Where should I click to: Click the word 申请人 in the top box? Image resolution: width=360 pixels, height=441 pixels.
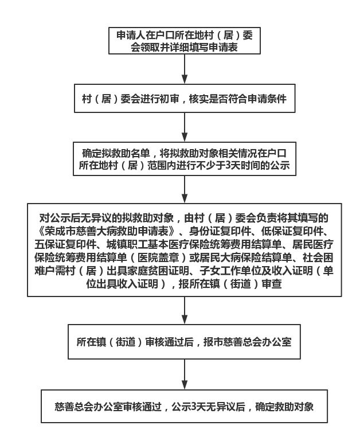[131, 35]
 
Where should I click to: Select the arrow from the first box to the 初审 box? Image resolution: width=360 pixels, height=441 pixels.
[185, 69]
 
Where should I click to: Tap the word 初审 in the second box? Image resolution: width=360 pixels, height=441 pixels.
[169, 99]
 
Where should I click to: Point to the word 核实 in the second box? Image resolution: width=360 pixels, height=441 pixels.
[198, 99]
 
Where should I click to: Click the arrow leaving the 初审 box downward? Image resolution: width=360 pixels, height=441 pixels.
[185, 127]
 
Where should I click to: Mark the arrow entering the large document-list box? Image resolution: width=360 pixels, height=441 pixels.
[185, 189]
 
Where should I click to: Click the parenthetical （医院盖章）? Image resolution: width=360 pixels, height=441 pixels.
[158, 257]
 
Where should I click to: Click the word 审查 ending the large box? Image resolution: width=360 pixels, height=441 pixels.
[272, 284]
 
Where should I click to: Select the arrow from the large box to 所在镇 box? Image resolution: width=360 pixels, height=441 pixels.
[185, 310]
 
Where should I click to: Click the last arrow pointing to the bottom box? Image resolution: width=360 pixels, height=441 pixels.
[185, 374]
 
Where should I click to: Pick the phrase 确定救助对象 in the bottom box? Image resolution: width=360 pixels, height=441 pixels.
[284, 407]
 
